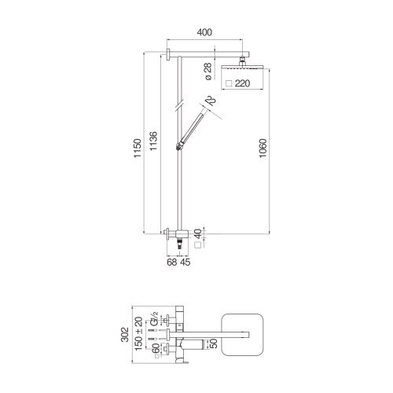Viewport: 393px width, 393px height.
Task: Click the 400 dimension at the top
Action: pyautogui.click(x=203, y=34)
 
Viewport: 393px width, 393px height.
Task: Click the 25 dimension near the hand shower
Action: pyautogui.click(x=211, y=101)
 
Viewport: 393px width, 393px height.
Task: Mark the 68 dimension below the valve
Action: pyautogui.click(x=172, y=263)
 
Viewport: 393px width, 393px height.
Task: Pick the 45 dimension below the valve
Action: pyautogui.click(x=185, y=263)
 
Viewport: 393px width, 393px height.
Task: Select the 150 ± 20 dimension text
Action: pyautogui.click(x=139, y=336)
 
